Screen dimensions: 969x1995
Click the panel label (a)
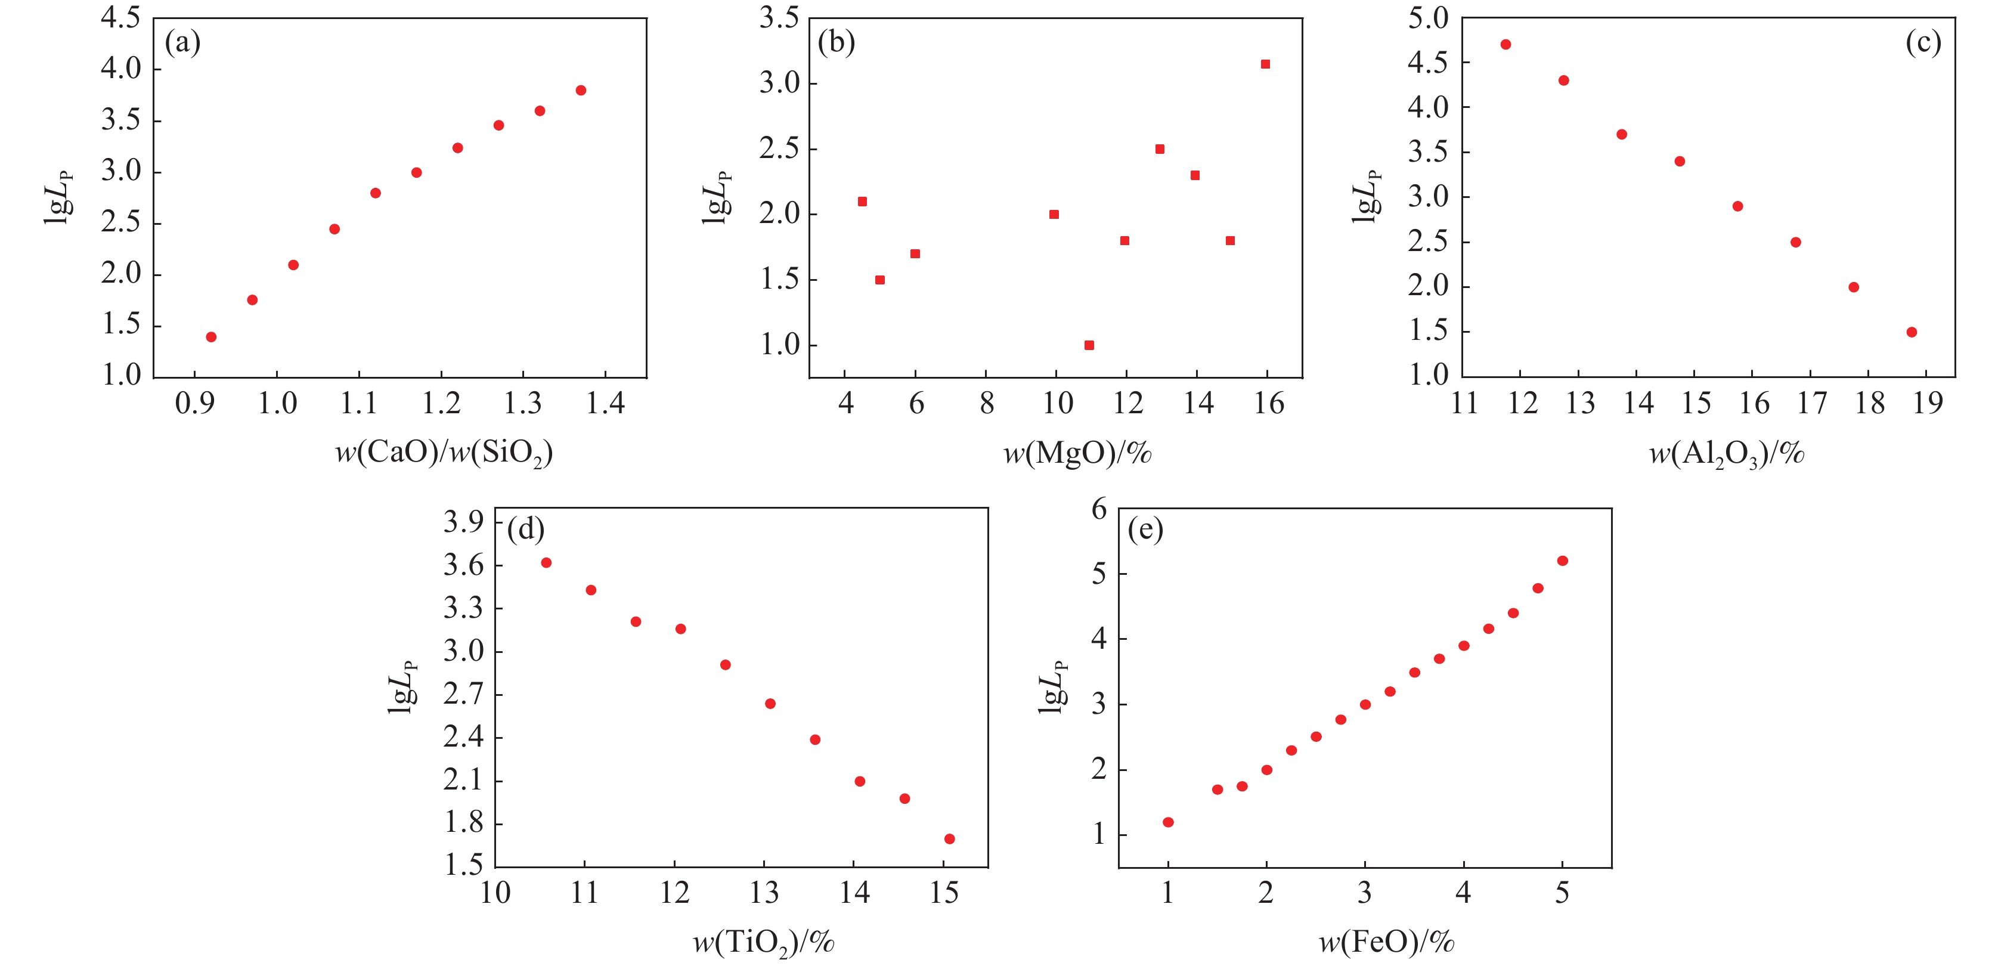pyautogui.click(x=183, y=42)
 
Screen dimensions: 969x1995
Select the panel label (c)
pyautogui.click(x=1923, y=42)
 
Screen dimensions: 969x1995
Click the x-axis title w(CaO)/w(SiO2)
pyautogui.click(x=444, y=453)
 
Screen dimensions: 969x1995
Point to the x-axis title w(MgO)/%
pyautogui.click(x=1077, y=453)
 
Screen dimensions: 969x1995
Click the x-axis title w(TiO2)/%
pyautogui.click(x=764, y=943)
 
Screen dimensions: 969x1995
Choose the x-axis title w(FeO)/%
pyautogui.click(x=1386, y=942)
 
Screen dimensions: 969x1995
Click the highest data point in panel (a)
pyautogui.click(x=581, y=91)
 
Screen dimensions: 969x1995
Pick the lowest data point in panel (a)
pyautogui.click(x=210, y=337)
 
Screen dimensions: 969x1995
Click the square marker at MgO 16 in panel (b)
pyautogui.click(x=1265, y=64)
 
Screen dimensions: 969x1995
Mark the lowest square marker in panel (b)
pyautogui.click(x=1089, y=345)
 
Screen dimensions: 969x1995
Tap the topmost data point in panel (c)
pyautogui.click(x=1505, y=45)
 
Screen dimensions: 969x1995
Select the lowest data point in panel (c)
pyautogui.click(x=1912, y=332)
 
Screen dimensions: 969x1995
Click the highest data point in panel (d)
pyautogui.click(x=546, y=563)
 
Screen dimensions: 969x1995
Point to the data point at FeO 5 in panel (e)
pyautogui.click(x=1562, y=561)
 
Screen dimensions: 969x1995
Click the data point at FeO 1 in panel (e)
pyautogui.click(x=1168, y=822)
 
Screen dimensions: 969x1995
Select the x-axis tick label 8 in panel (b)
pyautogui.click(x=986, y=404)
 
